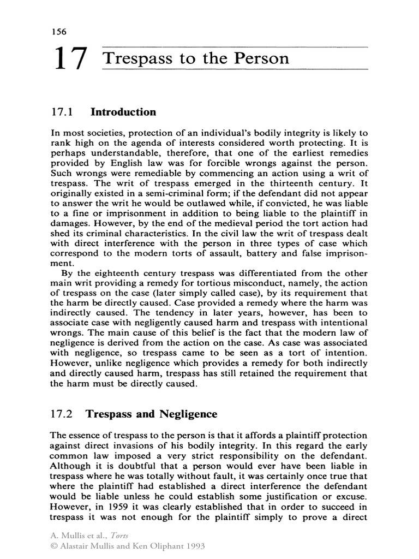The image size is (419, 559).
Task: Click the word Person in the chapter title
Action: coord(260,58)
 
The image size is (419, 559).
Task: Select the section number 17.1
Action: coord(61,112)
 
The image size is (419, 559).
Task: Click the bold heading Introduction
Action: coord(123,112)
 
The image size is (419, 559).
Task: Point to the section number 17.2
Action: coord(61,414)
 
